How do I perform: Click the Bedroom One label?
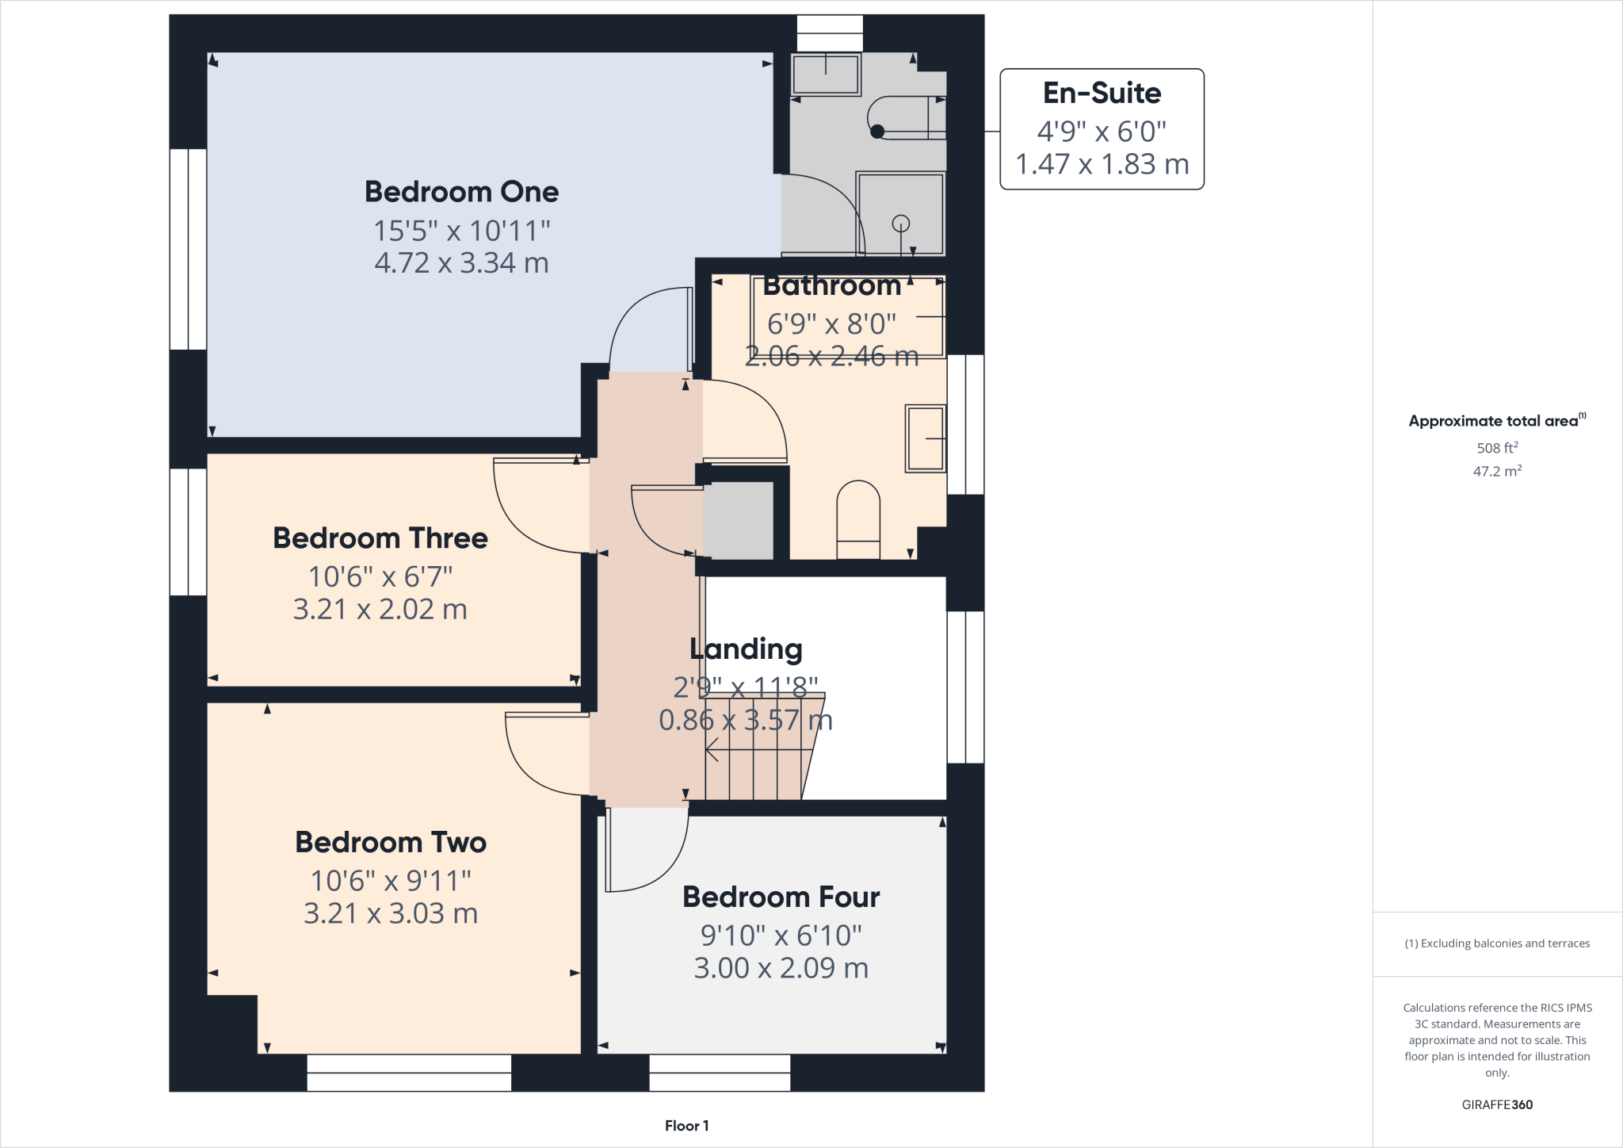coord(461,192)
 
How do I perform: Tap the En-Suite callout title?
coord(1102,94)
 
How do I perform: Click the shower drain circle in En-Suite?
coord(901,224)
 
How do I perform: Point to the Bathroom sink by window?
coord(926,438)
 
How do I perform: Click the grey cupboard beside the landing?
coord(738,520)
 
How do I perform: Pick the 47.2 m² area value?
coord(1497,472)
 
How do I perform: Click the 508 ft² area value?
coord(1497,448)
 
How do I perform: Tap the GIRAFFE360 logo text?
coord(1497,1104)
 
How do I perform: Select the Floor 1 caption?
coord(686,1126)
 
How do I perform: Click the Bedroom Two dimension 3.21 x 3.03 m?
coord(391,913)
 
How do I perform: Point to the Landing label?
coord(746,649)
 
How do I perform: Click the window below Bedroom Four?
coord(720,1073)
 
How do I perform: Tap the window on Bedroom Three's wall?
coord(189,532)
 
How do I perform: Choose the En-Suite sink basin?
coord(826,75)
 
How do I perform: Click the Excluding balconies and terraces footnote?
coord(1497,943)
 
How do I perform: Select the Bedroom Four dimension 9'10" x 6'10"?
coord(781,936)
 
